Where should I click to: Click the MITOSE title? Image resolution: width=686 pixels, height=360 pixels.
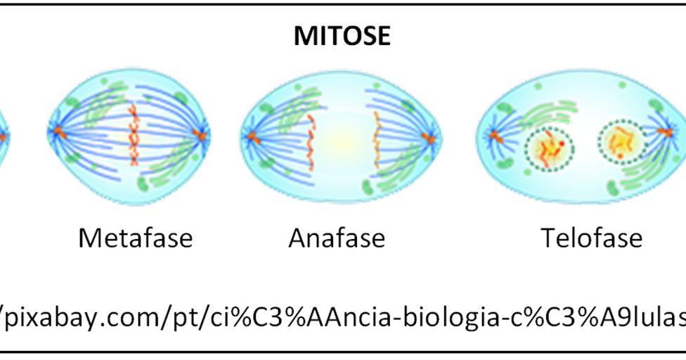point(342,36)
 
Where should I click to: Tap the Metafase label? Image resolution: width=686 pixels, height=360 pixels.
point(135,238)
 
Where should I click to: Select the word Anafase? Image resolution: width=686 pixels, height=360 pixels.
point(337,238)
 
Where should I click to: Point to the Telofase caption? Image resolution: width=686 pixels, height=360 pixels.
point(591,238)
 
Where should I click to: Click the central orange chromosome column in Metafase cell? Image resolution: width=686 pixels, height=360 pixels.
point(133,133)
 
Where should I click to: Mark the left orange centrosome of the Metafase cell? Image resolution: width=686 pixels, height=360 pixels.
point(61,131)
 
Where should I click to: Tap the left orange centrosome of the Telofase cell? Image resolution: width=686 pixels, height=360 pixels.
point(494,134)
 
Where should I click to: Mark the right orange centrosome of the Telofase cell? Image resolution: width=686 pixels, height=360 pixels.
point(666,132)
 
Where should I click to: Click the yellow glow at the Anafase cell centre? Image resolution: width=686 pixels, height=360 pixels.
point(342,134)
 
